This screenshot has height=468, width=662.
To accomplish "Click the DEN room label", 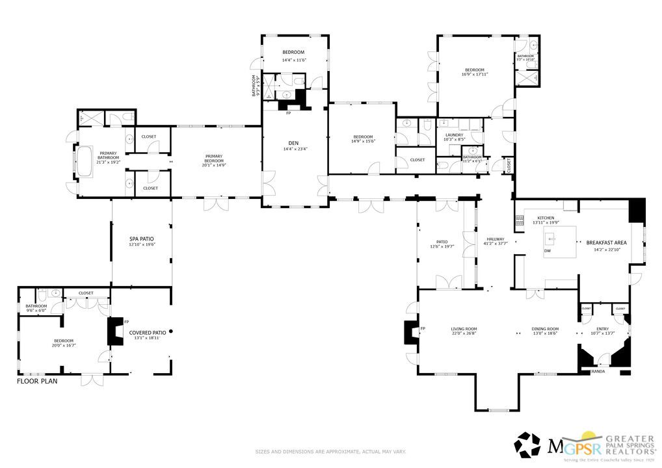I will tap(293, 143).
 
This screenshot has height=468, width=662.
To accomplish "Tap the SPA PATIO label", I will tap(141, 239).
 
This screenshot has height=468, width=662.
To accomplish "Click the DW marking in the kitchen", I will tap(548, 251).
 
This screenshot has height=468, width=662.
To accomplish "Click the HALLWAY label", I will tap(496, 239).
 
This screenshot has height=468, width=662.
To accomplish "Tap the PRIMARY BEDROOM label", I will tap(214, 158).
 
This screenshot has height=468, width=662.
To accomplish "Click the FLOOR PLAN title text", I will tap(37, 382).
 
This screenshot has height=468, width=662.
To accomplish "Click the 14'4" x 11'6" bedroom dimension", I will tap(293, 60).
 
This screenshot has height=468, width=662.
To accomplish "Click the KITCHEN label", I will tap(545, 218).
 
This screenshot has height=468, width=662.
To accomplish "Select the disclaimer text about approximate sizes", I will tap(330, 451).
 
